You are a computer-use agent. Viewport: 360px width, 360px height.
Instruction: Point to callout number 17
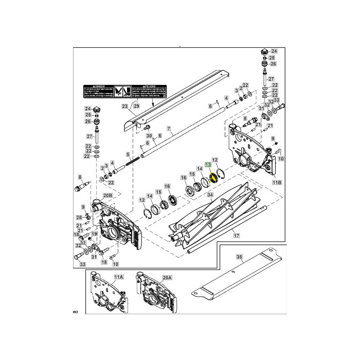(237, 236)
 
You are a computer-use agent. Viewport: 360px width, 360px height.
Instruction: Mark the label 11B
(277, 183)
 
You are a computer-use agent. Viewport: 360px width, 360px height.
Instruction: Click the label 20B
(107, 195)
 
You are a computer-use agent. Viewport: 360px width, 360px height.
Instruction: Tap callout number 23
(124, 106)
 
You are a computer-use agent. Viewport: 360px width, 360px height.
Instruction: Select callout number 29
(136, 106)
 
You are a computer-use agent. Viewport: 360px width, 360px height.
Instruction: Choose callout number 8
(79, 176)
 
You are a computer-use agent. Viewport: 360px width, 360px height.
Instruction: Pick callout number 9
(273, 138)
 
